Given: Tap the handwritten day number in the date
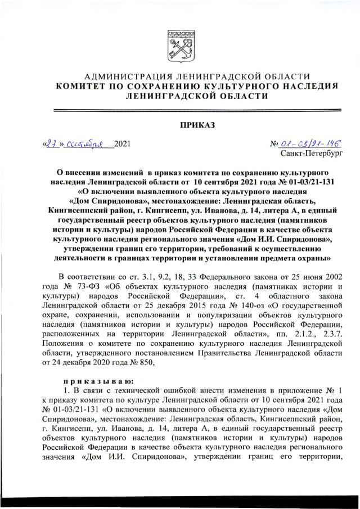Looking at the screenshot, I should (x=51, y=143).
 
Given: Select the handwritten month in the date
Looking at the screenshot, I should (x=85, y=144).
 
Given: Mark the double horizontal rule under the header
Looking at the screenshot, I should (x=180, y=111).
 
